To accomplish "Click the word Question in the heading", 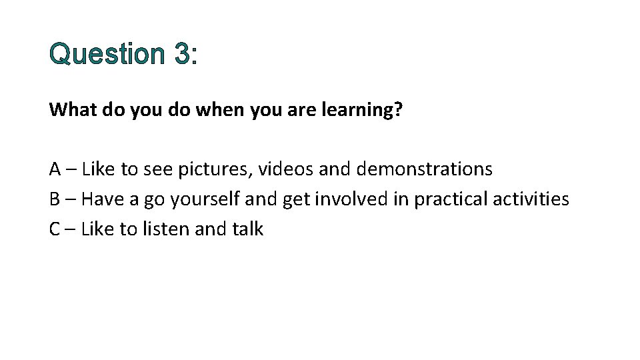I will pyautogui.click(x=106, y=54).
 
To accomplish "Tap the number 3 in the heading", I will pyautogui.click(x=181, y=54).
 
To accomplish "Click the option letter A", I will pyautogui.click(x=56, y=169).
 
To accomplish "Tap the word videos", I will pyautogui.click(x=286, y=169).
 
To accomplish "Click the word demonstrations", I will pyautogui.click(x=425, y=169).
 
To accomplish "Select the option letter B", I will pyautogui.click(x=55, y=199).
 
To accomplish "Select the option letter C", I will pyautogui.click(x=55, y=229).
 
